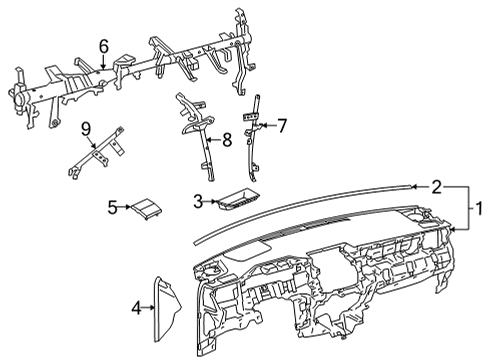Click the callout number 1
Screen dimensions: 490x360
[479, 209]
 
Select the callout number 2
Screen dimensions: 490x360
[437, 187]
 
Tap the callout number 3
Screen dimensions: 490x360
[198, 201]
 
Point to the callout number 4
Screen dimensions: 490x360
[137, 308]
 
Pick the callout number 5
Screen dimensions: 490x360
[113, 207]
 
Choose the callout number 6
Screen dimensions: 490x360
[104, 47]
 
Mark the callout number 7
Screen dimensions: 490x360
[282, 126]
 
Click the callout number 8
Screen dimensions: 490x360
[227, 140]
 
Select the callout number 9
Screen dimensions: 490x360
[86, 129]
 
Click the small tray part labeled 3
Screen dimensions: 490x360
[239, 199]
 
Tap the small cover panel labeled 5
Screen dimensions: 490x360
[146, 209]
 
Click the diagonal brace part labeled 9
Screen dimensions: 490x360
[96, 152]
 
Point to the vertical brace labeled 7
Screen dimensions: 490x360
[252, 138]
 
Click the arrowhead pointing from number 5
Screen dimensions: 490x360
[129, 207]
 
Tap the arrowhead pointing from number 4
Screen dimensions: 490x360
[153, 308]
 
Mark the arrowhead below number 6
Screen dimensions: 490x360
[104, 67]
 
